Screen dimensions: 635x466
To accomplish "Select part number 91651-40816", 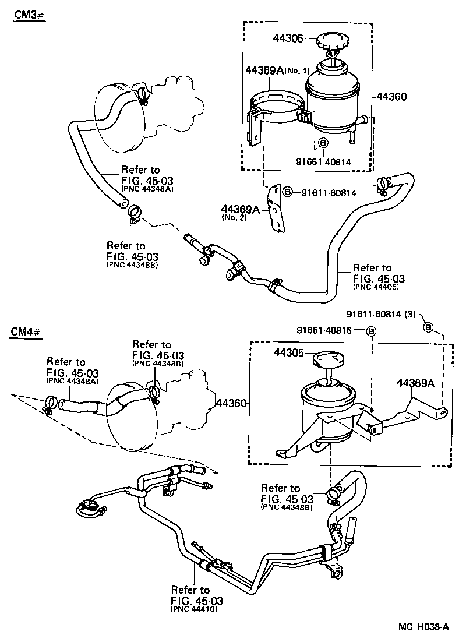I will click(x=331, y=331).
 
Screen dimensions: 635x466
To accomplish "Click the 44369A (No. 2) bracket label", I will click(x=241, y=210).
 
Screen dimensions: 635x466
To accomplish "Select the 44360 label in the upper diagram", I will click(x=391, y=96).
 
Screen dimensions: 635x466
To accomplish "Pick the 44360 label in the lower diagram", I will click(x=232, y=403).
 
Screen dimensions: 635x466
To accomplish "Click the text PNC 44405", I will click(x=379, y=287).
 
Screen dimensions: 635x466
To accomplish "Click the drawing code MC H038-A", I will click(x=423, y=626).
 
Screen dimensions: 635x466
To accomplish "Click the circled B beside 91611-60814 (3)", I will click(x=428, y=327).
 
